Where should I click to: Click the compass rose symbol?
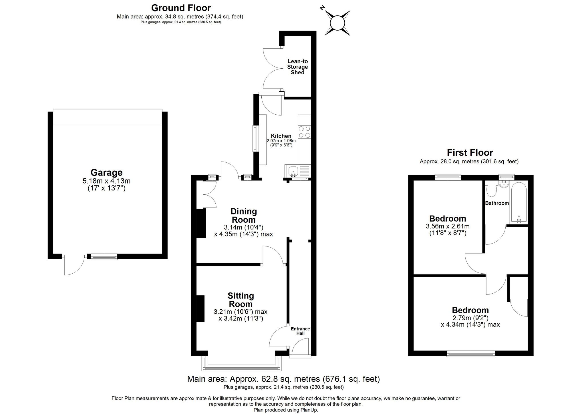[x=337, y=23]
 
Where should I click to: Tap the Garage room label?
[x=106, y=172]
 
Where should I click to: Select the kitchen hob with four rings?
[x=304, y=132]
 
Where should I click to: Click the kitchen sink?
[x=293, y=171]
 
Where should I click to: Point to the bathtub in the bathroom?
[x=519, y=203]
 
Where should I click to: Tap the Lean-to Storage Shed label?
[x=297, y=67]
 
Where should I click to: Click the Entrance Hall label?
[x=300, y=331]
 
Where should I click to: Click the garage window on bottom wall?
[x=104, y=257]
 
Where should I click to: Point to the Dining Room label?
[x=244, y=216]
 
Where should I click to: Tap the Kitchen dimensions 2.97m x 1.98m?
[x=281, y=141]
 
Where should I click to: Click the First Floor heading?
[x=470, y=152]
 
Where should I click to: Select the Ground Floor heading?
[x=181, y=8]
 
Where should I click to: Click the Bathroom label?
[x=497, y=203]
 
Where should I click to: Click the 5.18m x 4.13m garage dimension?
[x=106, y=181]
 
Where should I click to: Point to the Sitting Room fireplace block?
[x=200, y=308]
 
